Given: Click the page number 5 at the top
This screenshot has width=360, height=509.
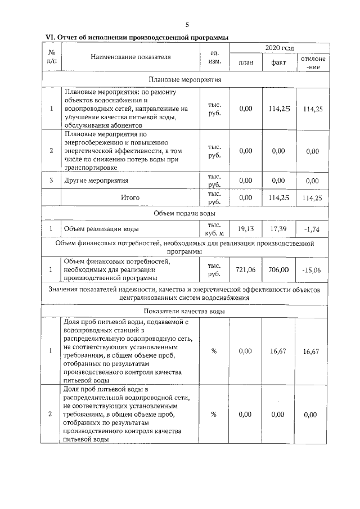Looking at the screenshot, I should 187,24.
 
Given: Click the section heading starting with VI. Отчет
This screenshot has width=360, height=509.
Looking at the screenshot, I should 137,38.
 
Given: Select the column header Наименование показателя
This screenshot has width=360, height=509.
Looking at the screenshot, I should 130,57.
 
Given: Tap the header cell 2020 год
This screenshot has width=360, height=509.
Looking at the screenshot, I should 279,49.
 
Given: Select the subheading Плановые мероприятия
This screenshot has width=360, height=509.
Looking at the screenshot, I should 185,80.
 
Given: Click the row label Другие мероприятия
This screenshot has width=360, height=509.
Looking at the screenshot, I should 96,181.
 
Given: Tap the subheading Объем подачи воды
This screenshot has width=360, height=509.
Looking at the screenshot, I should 185,214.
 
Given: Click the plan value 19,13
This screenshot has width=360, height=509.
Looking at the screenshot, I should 246,229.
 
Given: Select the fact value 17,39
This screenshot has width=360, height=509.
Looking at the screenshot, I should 279,229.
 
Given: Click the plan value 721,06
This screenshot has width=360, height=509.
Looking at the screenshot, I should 246,270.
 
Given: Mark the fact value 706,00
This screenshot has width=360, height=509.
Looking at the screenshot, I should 279,270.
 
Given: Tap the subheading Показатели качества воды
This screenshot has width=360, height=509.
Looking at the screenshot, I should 185,311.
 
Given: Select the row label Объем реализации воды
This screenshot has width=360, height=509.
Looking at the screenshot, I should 101,229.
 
